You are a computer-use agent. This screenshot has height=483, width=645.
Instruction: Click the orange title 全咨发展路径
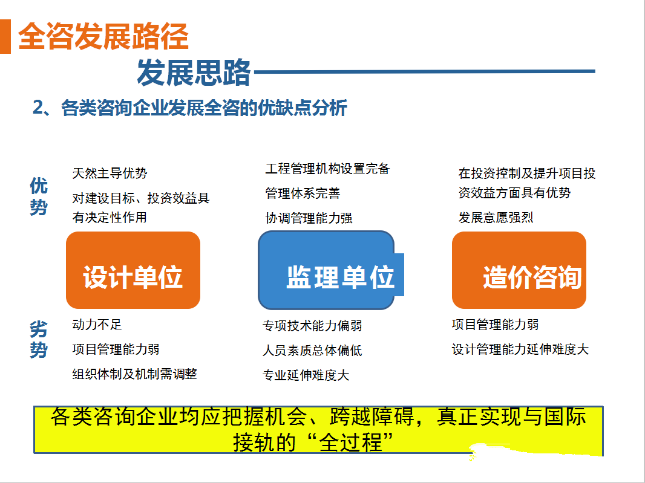(x=103, y=36)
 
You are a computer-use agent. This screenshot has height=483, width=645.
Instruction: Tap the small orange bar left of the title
(x=5, y=36)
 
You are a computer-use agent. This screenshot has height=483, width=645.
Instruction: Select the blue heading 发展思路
(x=194, y=73)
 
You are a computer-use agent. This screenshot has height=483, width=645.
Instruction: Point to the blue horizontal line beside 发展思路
(x=425, y=71)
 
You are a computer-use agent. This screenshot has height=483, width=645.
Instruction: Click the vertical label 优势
(x=39, y=196)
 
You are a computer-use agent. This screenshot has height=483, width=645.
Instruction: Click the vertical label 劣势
(x=39, y=340)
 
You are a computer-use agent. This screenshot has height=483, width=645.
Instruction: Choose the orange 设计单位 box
(x=133, y=270)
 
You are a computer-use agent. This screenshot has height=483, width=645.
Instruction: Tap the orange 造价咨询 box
(x=519, y=270)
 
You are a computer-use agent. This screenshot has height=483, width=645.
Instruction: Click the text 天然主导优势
(x=110, y=173)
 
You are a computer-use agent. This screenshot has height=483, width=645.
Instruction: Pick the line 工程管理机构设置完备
(x=327, y=169)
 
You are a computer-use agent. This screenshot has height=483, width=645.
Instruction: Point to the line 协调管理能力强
(x=309, y=218)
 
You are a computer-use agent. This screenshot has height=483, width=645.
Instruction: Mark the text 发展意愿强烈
(x=496, y=218)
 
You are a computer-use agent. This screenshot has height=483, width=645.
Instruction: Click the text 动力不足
(x=97, y=325)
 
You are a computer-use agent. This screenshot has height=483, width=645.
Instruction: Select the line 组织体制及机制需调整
(x=134, y=374)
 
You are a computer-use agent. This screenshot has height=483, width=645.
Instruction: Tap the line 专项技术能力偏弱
(x=312, y=326)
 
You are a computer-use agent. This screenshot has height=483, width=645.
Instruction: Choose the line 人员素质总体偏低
(x=312, y=350)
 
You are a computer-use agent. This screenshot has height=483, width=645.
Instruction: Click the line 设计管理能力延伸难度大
(x=520, y=349)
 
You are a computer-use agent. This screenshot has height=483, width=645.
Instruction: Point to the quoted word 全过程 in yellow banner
(x=351, y=442)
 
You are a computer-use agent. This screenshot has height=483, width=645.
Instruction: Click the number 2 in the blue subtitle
(x=38, y=108)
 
